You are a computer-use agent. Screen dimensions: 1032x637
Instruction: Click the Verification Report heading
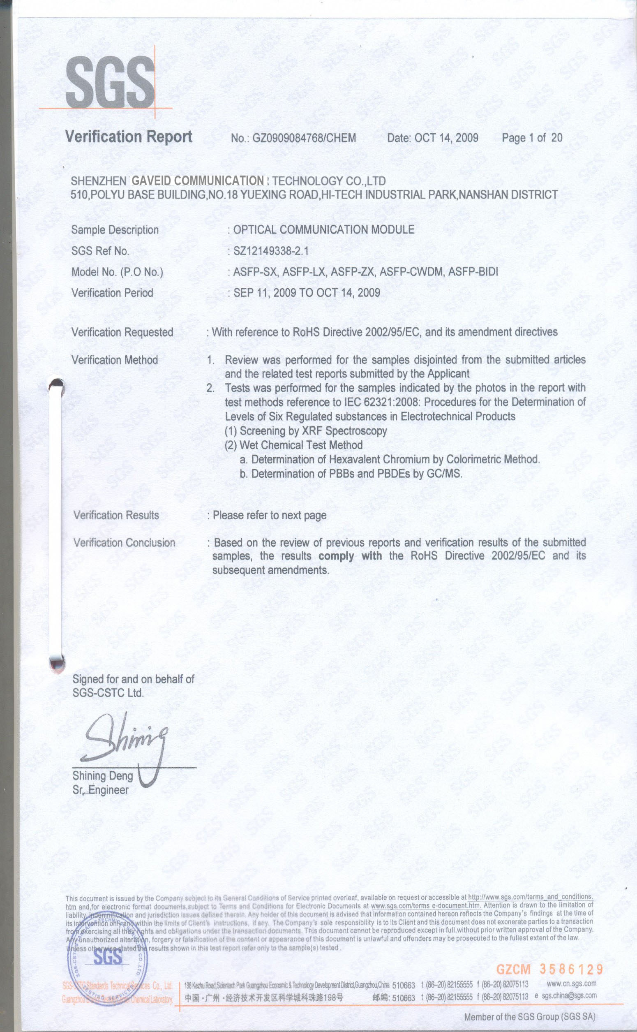(x=129, y=137)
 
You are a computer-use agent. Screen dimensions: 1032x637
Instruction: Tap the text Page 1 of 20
(x=532, y=138)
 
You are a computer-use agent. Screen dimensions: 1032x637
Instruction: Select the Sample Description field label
(x=115, y=230)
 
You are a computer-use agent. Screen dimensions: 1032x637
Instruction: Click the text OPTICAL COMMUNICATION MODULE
(x=323, y=230)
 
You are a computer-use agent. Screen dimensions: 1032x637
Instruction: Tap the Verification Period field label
(x=112, y=293)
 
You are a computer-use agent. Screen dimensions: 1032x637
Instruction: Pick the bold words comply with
(x=350, y=556)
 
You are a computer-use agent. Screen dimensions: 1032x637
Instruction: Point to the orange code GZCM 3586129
(x=549, y=970)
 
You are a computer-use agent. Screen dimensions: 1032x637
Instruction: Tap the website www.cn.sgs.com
(x=571, y=983)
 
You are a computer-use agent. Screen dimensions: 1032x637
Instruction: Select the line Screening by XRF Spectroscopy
(x=306, y=431)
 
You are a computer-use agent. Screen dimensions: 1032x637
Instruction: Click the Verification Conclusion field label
(x=124, y=543)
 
